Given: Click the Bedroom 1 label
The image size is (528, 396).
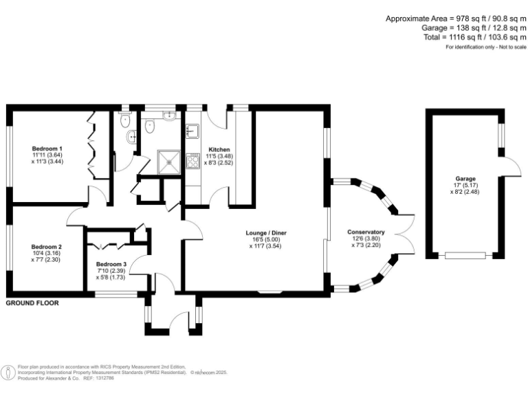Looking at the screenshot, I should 47,148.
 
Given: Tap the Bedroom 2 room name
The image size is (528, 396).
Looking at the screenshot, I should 47,247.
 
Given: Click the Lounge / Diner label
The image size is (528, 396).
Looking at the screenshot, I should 267,233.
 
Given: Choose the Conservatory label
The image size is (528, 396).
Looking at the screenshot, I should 366,232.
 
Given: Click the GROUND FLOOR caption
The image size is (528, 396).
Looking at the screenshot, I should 32,302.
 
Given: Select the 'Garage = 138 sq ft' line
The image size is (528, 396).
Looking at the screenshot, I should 474,28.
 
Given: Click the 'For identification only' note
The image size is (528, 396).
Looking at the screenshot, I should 485,47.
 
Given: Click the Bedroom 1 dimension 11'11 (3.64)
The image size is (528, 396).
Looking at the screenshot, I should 47,156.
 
